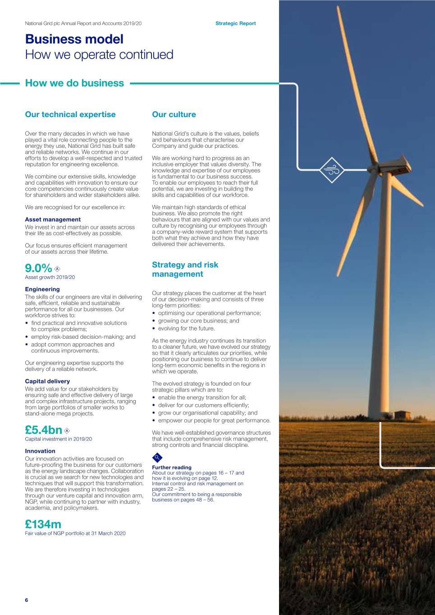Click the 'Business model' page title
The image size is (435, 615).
(74, 39)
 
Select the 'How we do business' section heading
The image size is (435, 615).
(74, 83)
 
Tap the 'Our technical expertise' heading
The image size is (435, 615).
(70, 114)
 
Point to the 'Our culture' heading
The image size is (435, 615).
(174, 114)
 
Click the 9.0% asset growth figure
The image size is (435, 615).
(39, 268)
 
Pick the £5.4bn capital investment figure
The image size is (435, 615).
(44, 430)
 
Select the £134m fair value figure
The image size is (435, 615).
(43, 524)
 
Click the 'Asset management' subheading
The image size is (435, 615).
(53, 219)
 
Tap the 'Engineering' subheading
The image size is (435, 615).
(42, 289)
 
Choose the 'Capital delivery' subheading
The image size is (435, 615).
(47, 381)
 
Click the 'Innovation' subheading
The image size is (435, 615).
(40, 451)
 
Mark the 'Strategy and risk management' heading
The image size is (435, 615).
(185, 269)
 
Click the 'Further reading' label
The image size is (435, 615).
(172, 468)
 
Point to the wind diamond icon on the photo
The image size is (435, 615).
(332, 170)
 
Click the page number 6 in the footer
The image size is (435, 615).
(27, 600)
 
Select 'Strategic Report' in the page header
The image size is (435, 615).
(235, 23)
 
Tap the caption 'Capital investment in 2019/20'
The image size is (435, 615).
(59, 439)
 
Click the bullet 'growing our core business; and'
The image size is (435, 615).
(199, 321)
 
